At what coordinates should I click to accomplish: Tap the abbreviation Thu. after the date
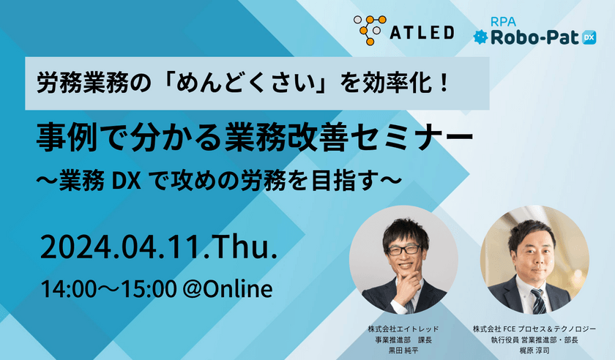(x=242, y=248)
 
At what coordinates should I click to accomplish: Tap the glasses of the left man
(x=404, y=247)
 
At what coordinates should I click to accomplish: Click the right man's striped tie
(x=539, y=301)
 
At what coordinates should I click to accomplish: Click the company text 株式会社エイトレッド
(x=403, y=330)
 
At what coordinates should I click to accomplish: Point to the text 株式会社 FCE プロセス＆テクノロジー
(x=540, y=330)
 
